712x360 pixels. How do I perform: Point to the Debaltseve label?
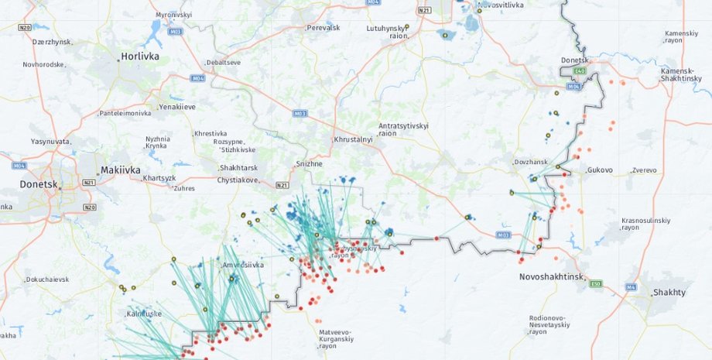223,62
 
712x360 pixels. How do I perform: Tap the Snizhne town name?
310,163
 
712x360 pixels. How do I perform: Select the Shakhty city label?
669,292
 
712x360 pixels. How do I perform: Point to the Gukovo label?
600,170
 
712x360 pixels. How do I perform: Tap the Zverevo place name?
644,170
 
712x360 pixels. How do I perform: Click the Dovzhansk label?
530,162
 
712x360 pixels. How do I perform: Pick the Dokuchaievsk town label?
48,279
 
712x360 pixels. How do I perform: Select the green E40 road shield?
578,71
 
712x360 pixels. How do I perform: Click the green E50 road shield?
596,284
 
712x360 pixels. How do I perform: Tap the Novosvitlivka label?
501,5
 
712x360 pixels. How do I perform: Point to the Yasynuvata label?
50,142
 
